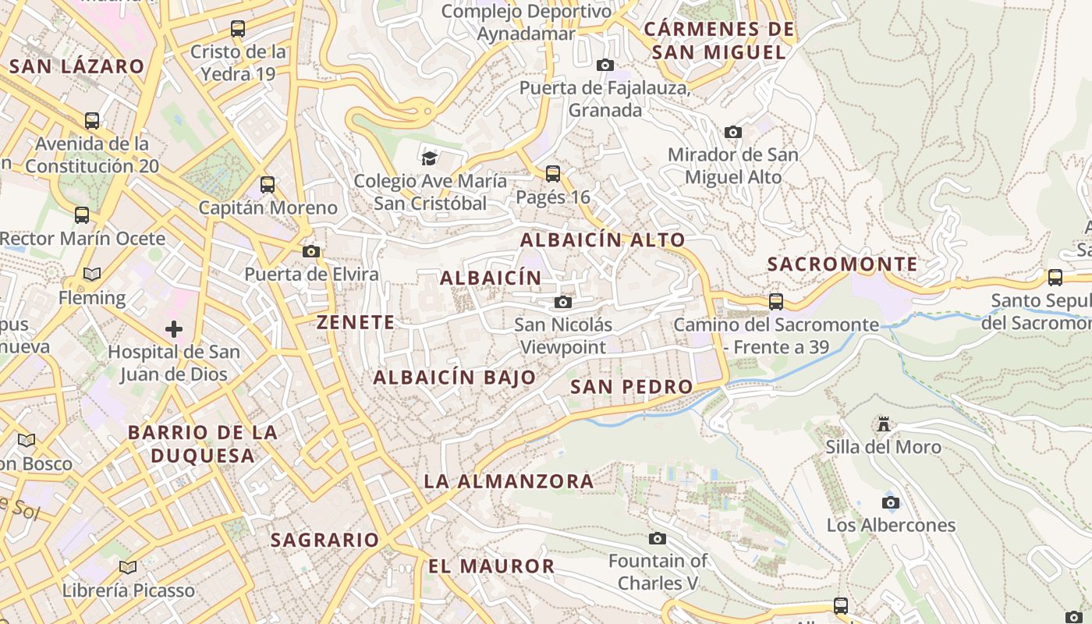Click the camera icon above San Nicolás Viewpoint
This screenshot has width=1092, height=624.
click(x=563, y=302)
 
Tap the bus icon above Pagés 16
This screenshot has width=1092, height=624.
click(x=553, y=173)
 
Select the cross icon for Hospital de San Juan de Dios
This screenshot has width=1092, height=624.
click(x=174, y=329)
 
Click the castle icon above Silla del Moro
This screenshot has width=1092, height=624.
click(x=884, y=424)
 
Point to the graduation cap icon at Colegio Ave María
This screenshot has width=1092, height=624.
click(x=429, y=158)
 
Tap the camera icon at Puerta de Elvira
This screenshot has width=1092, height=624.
click(x=311, y=251)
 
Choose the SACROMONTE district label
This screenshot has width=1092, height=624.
click(x=842, y=264)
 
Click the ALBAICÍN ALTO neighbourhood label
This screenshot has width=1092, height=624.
click(x=603, y=240)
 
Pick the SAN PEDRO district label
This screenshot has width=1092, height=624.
click(x=632, y=387)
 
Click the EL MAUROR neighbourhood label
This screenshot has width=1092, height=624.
click(x=491, y=566)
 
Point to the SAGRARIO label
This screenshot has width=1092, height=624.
click(x=324, y=540)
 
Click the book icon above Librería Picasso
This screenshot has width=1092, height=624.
click(x=128, y=567)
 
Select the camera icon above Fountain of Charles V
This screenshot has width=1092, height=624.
click(x=658, y=538)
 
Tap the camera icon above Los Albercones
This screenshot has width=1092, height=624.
click(x=891, y=502)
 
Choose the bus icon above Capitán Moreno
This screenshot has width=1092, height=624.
click(x=268, y=185)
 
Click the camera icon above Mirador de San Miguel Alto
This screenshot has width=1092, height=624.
click(x=733, y=132)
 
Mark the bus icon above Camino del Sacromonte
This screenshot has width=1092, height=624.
click(x=776, y=301)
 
